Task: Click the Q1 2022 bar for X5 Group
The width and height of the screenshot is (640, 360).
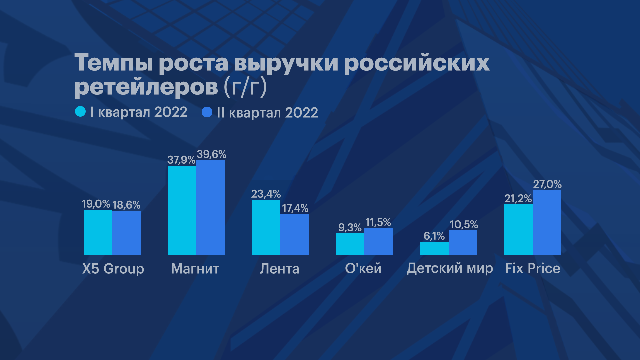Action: [98, 232]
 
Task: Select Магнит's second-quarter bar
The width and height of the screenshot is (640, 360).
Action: [210, 208]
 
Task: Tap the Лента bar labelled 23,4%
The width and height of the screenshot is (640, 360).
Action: [266, 227]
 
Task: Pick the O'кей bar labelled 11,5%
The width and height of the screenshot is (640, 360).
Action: [378, 242]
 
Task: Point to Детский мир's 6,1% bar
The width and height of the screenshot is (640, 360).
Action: [434, 248]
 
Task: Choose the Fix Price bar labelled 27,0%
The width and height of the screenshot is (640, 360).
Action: [547, 223]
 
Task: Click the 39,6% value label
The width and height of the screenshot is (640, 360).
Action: [211, 154]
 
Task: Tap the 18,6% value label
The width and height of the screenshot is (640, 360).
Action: [126, 205]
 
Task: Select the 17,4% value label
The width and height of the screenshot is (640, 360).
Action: [295, 208]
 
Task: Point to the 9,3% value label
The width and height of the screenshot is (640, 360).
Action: [350, 227]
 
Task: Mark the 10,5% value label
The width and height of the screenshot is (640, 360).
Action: [464, 225]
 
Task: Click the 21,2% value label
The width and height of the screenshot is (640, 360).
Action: [518, 199]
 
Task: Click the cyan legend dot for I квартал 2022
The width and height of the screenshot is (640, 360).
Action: [80, 112]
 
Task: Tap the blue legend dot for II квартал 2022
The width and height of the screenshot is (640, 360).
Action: [207, 112]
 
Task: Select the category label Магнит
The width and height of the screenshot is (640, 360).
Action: [195, 269]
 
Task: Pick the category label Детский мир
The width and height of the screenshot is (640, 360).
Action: [450, 268]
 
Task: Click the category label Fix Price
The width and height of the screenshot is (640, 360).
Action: [533, 268]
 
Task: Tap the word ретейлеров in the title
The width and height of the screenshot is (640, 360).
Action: [146, 87]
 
